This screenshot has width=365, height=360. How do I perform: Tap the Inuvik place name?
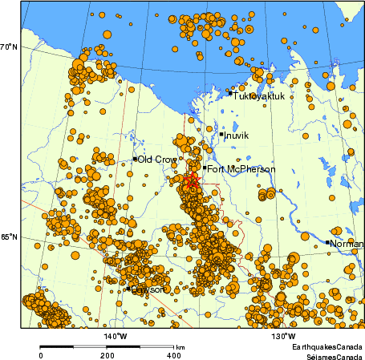click(x=237, y=136)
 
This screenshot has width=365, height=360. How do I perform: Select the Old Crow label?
click(x=157, y=160)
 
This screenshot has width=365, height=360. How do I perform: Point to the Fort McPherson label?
click(x=241, y=169)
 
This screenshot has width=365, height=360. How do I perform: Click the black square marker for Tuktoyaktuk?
click(x=230, y=93)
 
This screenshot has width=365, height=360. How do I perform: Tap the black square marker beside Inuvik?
click(x=221, y=134)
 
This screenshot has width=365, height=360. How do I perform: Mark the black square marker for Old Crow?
click(x=135, y=160)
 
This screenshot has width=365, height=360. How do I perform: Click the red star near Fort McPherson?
click(x=192, y=182)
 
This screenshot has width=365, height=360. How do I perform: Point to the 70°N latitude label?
click(x=9, y=47)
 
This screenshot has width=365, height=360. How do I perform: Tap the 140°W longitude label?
click(x=115, y=336)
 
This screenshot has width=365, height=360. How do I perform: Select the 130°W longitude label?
click(x=283, y=336)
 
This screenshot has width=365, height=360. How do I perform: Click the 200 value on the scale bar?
click(x=107, y=354)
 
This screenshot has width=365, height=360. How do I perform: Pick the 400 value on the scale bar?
click(x=172, y=354)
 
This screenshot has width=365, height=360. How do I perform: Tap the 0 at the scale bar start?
click(x=41, y=354)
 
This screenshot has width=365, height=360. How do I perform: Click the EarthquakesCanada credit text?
click(x=325, y=346)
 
